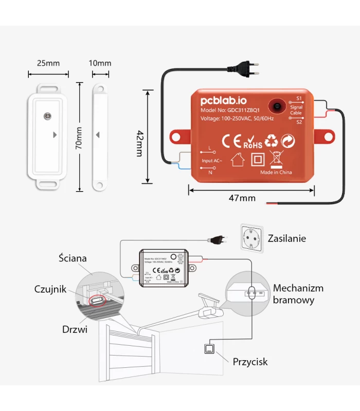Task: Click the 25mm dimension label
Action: click(48, 63)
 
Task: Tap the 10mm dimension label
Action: click(100, 63)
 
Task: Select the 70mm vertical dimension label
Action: click(79, 137)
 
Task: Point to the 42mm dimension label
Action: click(139, 136)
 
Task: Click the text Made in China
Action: click(276, 172)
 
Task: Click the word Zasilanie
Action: click(286, 238)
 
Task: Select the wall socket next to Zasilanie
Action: click(252, 238)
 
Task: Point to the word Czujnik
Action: click(50, 289)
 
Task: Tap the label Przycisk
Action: click(250, 362)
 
